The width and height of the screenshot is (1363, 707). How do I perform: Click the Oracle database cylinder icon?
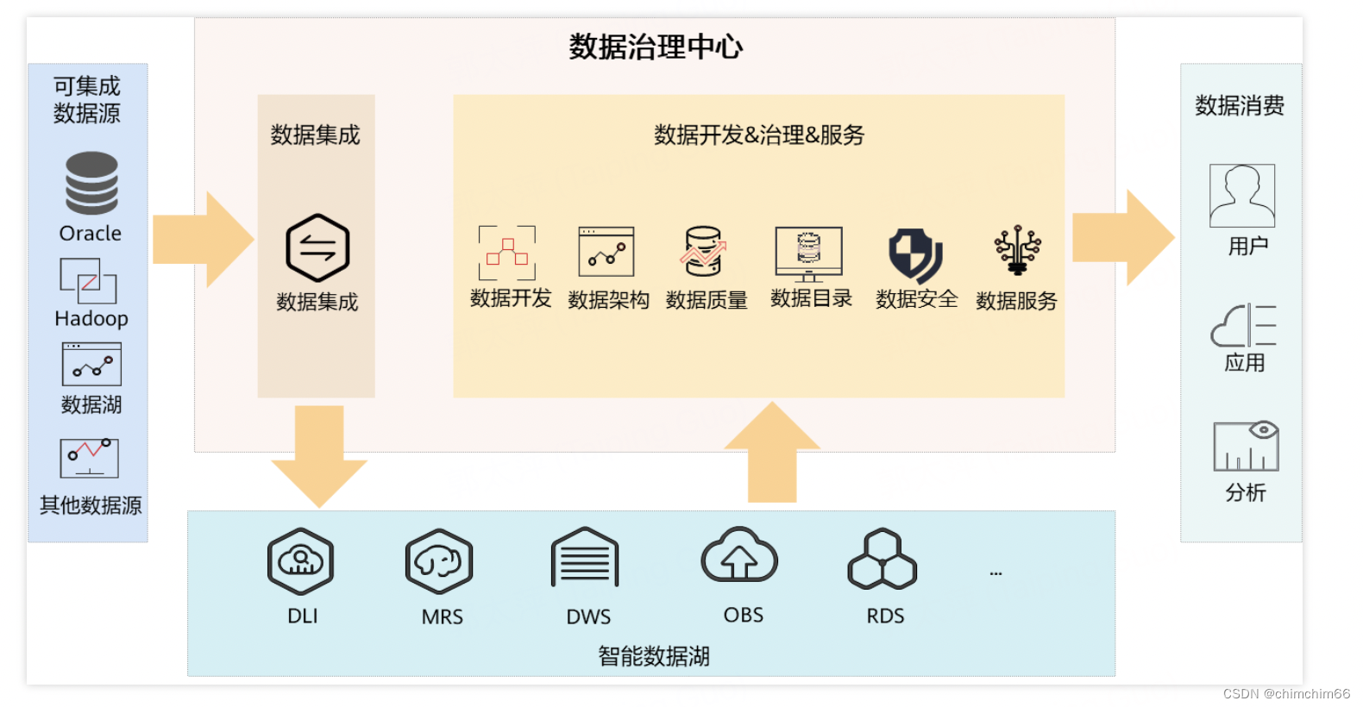(91, 183)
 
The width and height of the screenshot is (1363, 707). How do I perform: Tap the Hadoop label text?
(91, 318)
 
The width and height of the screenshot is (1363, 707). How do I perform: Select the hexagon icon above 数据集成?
(317, 247)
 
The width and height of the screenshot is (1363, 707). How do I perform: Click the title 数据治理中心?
(656, 47)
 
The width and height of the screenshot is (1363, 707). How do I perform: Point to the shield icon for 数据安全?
(915, 254)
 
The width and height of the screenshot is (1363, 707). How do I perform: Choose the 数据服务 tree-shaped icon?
(1017, 251)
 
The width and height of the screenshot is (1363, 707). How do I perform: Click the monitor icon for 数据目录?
(808, 253)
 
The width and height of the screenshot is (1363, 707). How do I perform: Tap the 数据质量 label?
(707, 300)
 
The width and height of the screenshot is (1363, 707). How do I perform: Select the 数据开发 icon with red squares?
(507, 253)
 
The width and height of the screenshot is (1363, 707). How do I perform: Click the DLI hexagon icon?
(300, 561)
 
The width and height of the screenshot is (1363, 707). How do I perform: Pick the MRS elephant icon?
(439, 561)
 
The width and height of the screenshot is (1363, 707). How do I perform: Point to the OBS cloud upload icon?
(739, 556)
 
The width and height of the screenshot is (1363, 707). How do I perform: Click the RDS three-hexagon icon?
(882, 560)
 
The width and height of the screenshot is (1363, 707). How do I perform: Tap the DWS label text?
(588, 616)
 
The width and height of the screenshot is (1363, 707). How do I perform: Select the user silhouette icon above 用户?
(1242, 196)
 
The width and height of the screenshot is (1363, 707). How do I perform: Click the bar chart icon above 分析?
(1246, 447)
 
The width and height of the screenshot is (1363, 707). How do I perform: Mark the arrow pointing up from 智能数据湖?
(772, 452)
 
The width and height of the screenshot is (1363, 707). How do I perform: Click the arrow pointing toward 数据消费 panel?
(1122, 238)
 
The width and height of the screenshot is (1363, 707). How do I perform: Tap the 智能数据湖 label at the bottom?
(654, 656)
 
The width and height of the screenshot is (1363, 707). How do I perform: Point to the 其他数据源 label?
(91, 505)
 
